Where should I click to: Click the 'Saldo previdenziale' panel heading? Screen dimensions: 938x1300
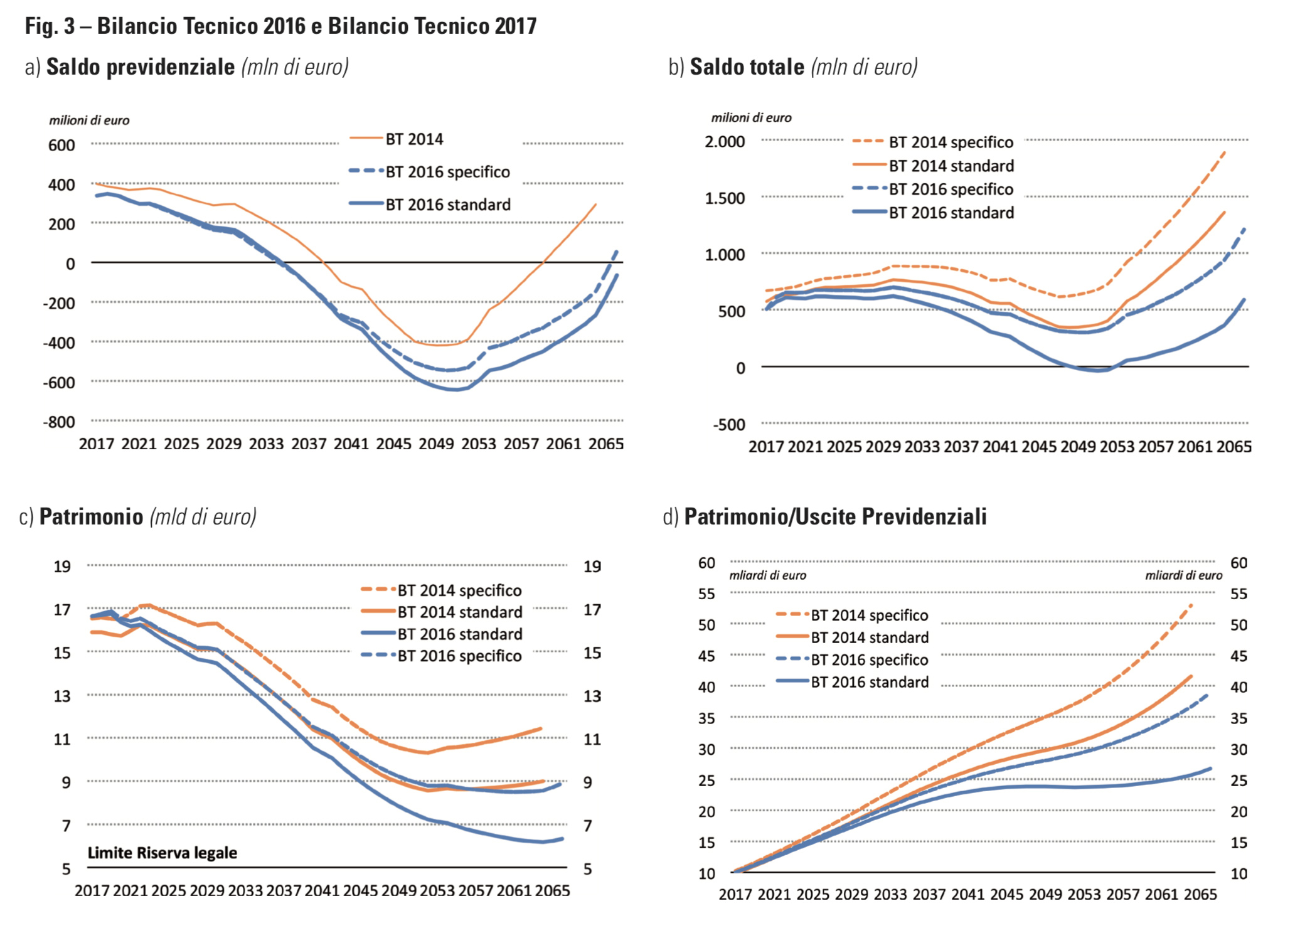click(141, 67)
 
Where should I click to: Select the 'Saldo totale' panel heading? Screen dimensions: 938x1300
click(747, 67)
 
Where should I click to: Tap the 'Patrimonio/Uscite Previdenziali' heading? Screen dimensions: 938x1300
click(835, 516)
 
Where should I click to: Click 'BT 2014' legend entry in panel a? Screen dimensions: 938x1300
click(414, 139)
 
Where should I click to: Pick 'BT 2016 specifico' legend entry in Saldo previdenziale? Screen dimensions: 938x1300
click(447, 172)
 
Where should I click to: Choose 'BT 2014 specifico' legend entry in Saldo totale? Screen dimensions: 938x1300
click(951, 142)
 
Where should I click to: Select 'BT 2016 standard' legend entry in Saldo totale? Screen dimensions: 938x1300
click(951, 213)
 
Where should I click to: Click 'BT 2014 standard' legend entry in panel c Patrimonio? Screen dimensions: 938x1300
click(459, 612)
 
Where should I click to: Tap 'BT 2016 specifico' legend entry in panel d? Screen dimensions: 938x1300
click(869, 659)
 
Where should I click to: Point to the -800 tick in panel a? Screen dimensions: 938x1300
click(59, 422)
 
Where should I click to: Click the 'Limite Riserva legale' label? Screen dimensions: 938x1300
click(162, 853)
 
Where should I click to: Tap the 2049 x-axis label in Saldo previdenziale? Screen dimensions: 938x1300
click(436, 444)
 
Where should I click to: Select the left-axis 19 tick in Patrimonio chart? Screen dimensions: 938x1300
click(62, 567)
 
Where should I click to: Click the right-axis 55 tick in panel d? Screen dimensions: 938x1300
click(1238, 594)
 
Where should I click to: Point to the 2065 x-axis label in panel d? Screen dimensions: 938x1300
click(1200, 894)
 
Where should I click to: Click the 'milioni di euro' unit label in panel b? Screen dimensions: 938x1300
click(751, 118)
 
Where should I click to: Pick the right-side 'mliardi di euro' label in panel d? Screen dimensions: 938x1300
click(1183, 575)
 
